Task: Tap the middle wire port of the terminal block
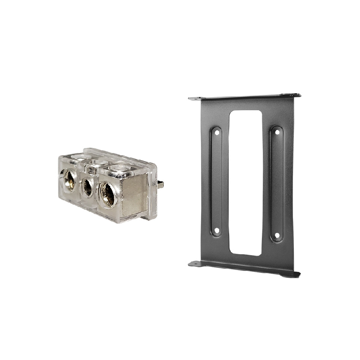pos(87,186)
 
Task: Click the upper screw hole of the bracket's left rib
pos(216,133)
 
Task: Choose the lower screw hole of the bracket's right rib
pos(277,235)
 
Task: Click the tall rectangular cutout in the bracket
pos(246,182)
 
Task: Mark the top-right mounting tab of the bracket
pos(295,95)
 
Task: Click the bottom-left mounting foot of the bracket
pos(194,264)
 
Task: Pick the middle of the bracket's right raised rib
pos(277,184)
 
